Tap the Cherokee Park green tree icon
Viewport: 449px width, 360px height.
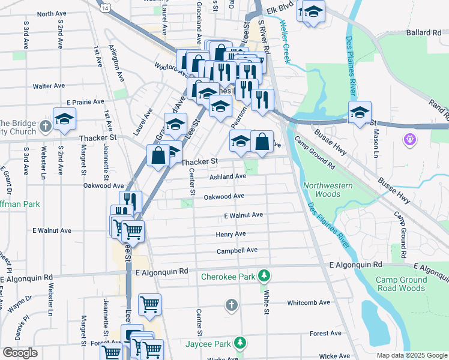pyautogui.click(x=264, y=277)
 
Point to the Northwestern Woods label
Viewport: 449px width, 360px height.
pyautogui.click(x=328, y=190)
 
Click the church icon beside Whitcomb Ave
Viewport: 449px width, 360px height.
pyautogui.click(x=231, y=305)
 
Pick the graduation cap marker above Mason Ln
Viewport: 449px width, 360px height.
pyautogui.click(x=360, y=112)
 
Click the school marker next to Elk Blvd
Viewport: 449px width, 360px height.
pyautogui.click(x=313, y=11)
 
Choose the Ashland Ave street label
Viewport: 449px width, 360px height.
pyautogui.click(x=228, y=177)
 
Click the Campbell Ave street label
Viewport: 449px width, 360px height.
pyautogui.click(x=237, y=250)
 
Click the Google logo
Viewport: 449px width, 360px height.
pyautogui.click(x=20, y=353)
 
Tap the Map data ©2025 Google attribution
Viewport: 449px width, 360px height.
pyautogui.click(x=411, y=355)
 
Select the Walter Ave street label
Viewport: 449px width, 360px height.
pyautogui.click(x=49, y=86)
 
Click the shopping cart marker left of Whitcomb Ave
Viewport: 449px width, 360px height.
pyautogui.click(x=149, y=303)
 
